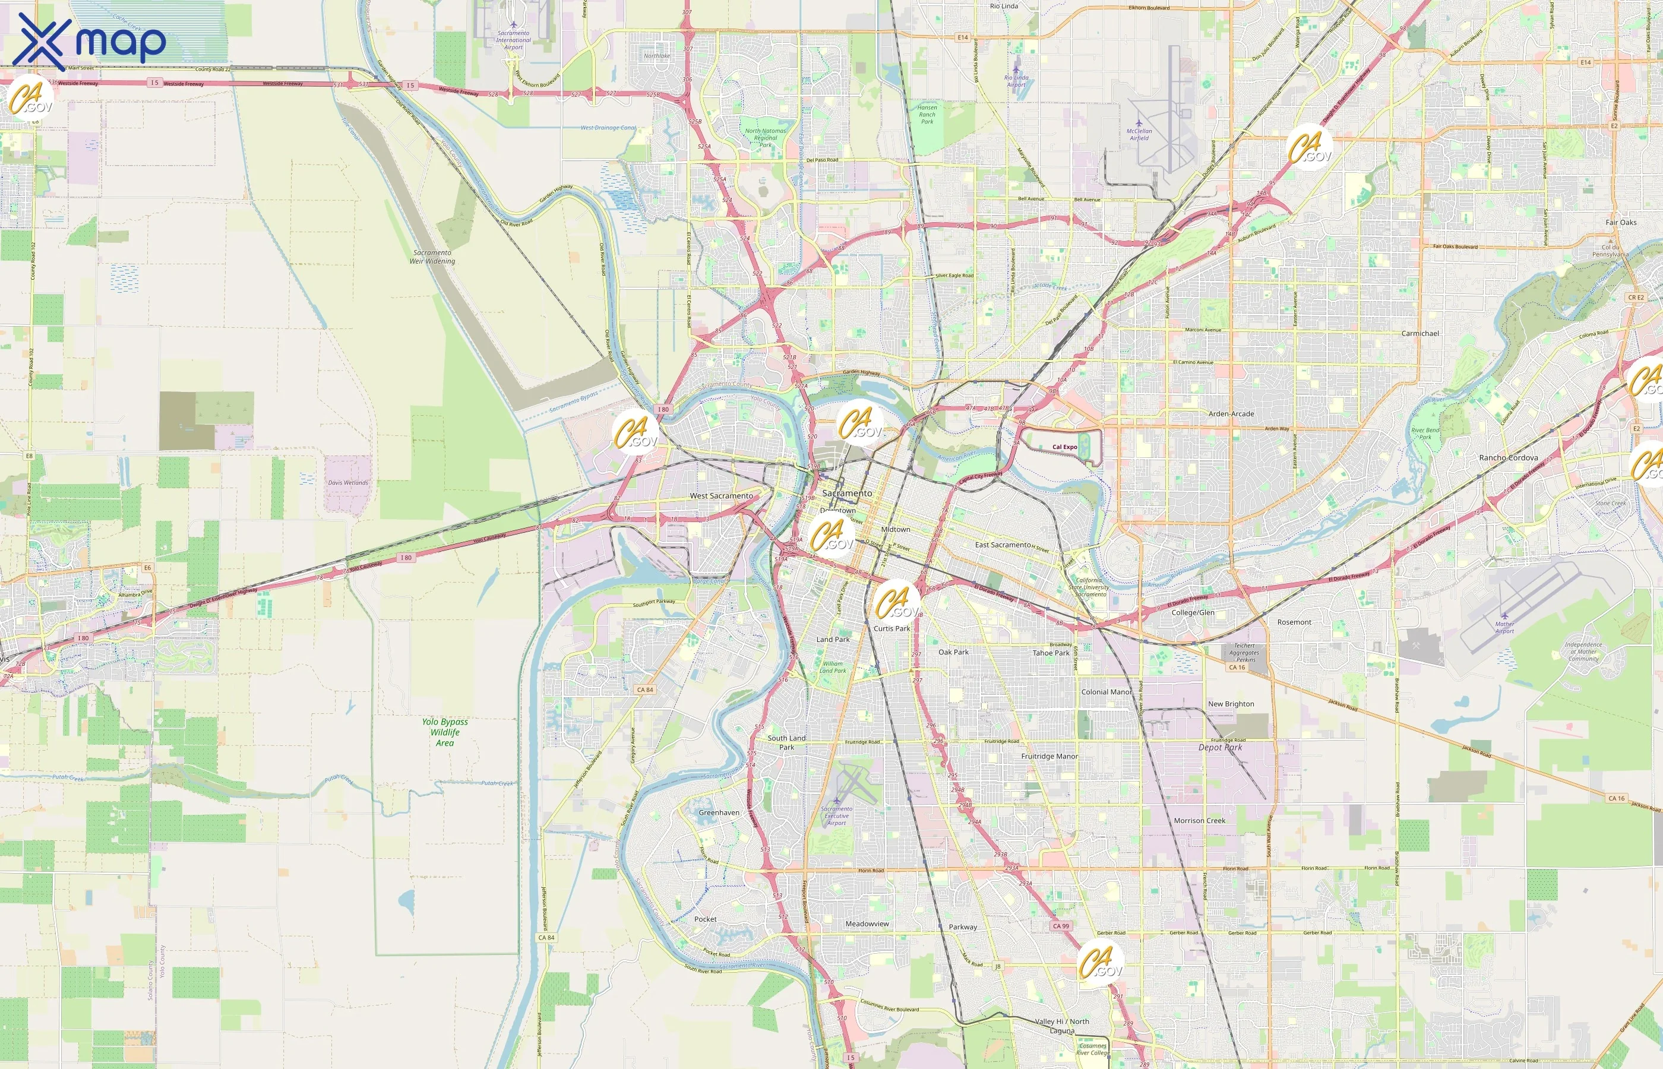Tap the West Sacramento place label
[720, 496]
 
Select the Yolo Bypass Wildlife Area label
[445, 732]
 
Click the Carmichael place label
[1419, 333]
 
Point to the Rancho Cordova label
[1508, 457]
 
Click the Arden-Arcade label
[1231, 414]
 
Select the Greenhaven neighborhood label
[719, 812]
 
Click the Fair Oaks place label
[1621, 222]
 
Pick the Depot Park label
[1220, 748]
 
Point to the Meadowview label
[867, 924]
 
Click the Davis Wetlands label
[347, 482]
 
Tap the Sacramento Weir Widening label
[432, 257]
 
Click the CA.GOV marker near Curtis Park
[896, 602]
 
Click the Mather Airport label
[1504, 628]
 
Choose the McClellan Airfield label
[1139, 134]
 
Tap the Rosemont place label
[1294, 622]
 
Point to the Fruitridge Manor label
[1049, 756]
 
